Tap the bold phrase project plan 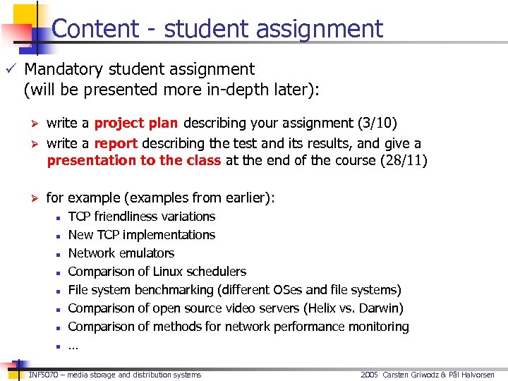(135, 123)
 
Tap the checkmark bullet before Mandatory (10, 69)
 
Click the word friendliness (126, 217)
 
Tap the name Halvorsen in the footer (479, 375)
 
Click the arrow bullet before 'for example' (31, 198)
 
